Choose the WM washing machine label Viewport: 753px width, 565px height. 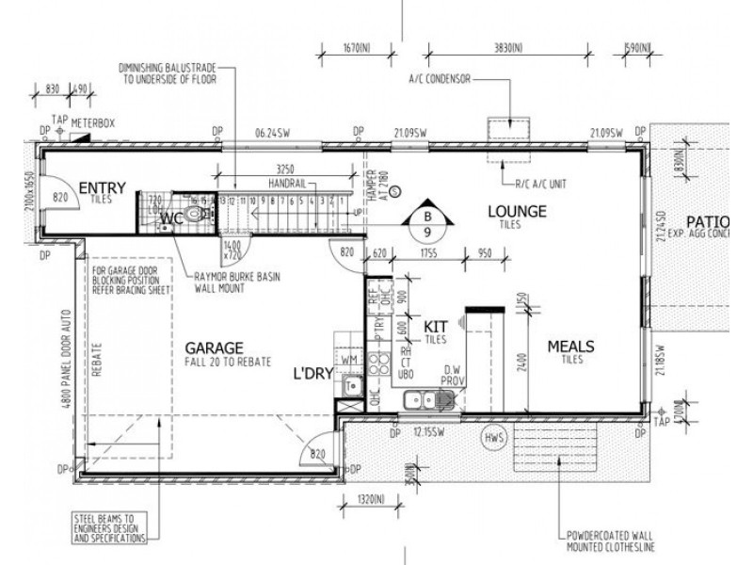click(348, 360)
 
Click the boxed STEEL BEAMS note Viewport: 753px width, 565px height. click(112, 527)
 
